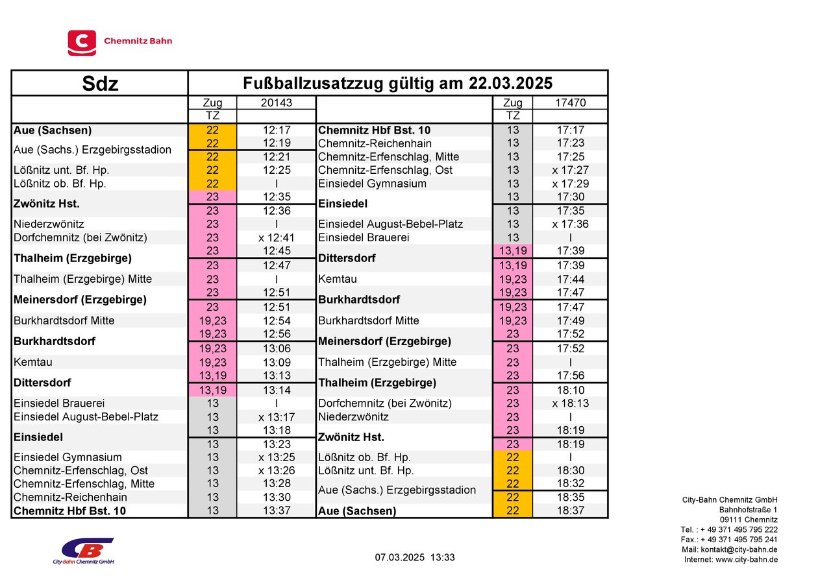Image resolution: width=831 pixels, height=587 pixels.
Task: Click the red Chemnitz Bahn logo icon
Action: click(82, 43)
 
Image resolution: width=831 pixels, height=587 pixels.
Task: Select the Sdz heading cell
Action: click(100, 84)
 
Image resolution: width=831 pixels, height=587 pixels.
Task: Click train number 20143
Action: click(276, 102)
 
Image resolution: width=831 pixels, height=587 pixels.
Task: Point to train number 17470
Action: click(570, 102)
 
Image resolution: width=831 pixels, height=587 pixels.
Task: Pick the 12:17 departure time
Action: click(276, 130)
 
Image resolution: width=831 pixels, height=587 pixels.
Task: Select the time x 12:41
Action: click(276, 237)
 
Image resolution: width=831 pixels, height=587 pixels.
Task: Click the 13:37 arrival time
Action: click(276, 511)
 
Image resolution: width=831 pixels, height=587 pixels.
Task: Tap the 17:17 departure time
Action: click(570, 130)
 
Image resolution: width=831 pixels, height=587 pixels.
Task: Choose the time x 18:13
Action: click(570, 403)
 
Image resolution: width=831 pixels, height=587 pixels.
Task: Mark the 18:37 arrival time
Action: click(570, 511)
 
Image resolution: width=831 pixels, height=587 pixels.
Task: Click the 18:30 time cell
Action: click(570, 471)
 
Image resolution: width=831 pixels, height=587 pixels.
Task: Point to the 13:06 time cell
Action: click(276, 349)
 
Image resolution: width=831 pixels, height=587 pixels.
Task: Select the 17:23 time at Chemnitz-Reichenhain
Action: click(570, 143)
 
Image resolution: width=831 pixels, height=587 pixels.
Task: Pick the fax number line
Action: click(729, 540)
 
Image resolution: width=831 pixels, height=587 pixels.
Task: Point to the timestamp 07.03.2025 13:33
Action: click(415, 557)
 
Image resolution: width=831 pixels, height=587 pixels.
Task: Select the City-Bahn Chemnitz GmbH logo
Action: click(84, 551)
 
